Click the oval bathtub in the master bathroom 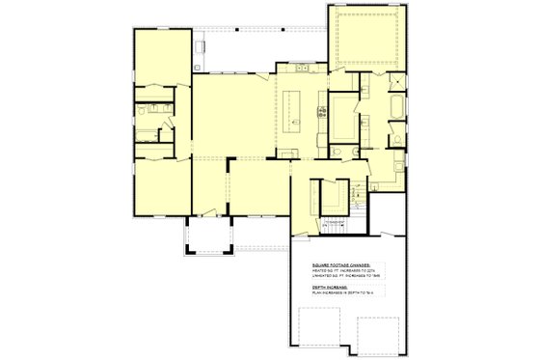[398, 106]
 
